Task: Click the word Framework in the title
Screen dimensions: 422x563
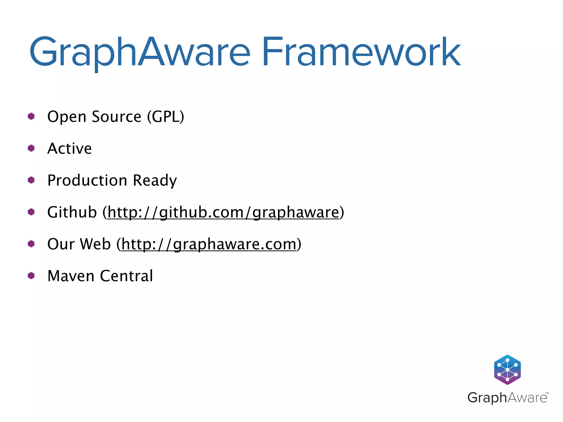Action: pos(361,52)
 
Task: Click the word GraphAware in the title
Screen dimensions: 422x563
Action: pos(140,52)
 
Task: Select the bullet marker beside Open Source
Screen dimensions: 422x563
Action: pos(31,116)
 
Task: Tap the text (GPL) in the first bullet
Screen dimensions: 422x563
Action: pos(165,116)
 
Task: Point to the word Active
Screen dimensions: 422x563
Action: pos(70,149)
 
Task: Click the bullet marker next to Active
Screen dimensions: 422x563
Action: pos(31,148)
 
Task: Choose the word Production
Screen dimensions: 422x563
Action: pos(87,181)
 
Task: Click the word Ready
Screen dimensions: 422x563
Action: pos(155,181)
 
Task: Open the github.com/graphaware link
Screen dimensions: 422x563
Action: pos(223,212)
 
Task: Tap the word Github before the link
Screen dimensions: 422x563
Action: pos(72,212)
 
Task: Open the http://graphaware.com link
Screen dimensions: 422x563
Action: pos(209,244)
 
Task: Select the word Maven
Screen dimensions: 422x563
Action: pos(71,276)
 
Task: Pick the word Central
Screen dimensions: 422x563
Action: pos(126,276)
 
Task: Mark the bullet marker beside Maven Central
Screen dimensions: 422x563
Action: pos(31,276)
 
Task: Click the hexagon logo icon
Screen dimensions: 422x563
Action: pos(507,370)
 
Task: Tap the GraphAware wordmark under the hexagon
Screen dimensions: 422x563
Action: pos(507,398)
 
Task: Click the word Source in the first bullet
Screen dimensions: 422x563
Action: pos(117,116)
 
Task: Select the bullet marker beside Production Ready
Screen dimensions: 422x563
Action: pos(31,180)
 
